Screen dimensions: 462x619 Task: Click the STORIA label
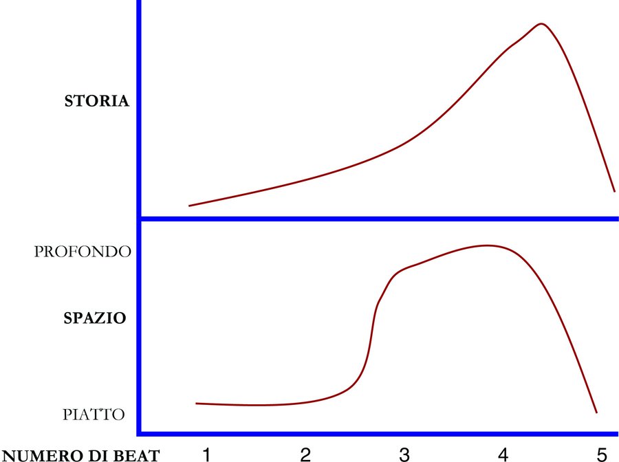tap(96, 102)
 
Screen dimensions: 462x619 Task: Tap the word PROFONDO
tap(83, 252)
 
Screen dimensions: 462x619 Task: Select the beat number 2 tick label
tap(305, 453)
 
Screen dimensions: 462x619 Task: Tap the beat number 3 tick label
tap(404, 453)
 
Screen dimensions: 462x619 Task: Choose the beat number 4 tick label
tap(503, 453)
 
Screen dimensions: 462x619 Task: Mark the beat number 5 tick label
tap(602, 453)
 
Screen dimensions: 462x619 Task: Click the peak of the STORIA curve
tap(542, 24)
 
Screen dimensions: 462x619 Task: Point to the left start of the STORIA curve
tap(190, 205)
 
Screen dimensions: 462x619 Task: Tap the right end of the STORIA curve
tap(613, 190)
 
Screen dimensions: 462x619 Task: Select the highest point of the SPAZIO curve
tap(487, 245)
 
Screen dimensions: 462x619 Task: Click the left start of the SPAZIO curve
tap(197, 403)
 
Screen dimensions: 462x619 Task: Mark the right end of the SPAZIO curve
tap(596, 412)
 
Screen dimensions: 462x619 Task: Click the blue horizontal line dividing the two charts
tap(378, 219)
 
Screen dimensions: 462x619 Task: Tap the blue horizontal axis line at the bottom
tap(378, 433)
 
